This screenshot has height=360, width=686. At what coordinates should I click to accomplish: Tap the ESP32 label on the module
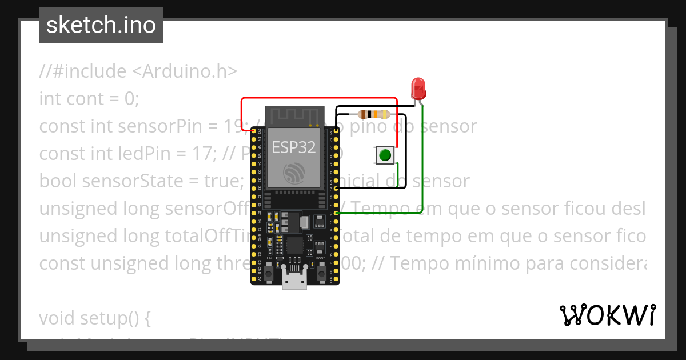coord(294,147)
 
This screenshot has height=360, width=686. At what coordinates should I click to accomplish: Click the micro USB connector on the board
coord(294,281)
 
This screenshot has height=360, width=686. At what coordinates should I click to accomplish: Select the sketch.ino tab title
coord(101,25)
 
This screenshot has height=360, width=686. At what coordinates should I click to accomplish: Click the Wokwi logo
coord(607,315)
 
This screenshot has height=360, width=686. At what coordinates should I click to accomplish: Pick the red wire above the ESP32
coord(320,98)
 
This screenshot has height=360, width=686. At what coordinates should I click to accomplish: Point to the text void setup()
coord(94,318)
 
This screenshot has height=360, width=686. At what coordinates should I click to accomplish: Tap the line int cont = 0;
coord(89,99)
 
